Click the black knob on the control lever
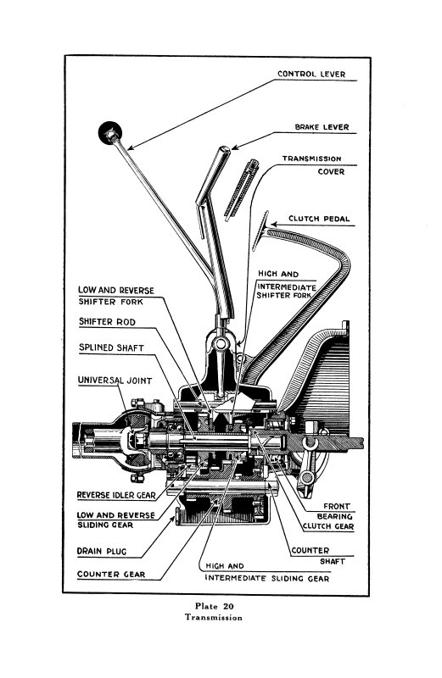pos(110,133)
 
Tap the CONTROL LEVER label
pos(311,74)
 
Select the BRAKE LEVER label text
pos(322,127)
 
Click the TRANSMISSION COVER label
pos(312,165)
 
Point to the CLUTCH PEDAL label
pos(319,219)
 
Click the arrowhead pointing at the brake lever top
pos(236,147)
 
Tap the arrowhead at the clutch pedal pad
pos(274,225)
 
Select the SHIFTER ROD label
pos(107,322)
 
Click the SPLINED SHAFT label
pos(111,347)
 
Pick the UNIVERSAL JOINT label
pos(115,381)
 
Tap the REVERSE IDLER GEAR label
pos(116,495)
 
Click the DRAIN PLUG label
pos(102,552)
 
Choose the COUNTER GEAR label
pos(111,575)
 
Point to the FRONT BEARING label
pos(335,511)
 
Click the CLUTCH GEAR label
pos(328,526)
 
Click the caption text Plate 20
pos(215,606)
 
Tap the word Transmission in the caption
pos(214,618)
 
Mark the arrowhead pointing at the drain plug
pos(173,519)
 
